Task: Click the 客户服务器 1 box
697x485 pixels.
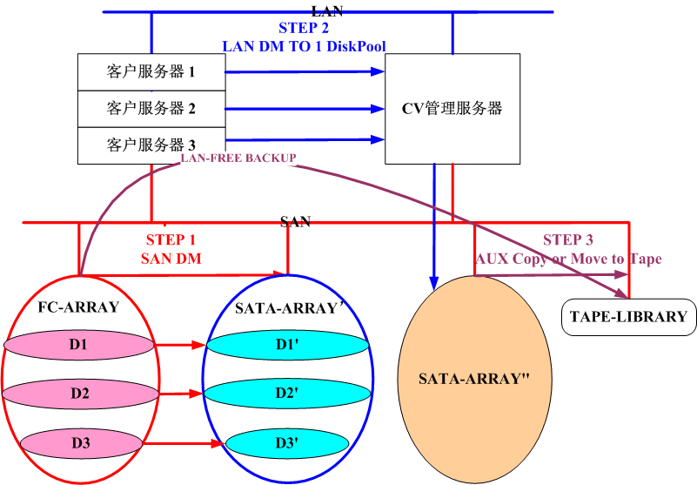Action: click(151, 71)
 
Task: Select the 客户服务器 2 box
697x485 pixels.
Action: click(151, 108)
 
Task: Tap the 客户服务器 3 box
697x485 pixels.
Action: click(151, 145)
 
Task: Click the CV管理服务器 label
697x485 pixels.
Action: click(452, 109)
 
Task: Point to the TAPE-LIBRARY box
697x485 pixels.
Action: click(628, 317)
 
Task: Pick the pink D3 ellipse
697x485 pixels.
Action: click(81, 442)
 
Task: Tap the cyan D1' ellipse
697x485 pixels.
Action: click(287, 346)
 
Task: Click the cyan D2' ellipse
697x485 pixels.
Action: click(287, 394)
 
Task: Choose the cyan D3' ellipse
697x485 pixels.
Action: click(287, 443)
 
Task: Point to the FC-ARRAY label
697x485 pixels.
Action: click(78, 307)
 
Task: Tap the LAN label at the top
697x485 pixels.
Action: click(326, 10)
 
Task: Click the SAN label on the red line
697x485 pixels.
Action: click(296, 222)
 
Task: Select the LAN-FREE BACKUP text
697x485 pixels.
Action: click(238, 158)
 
